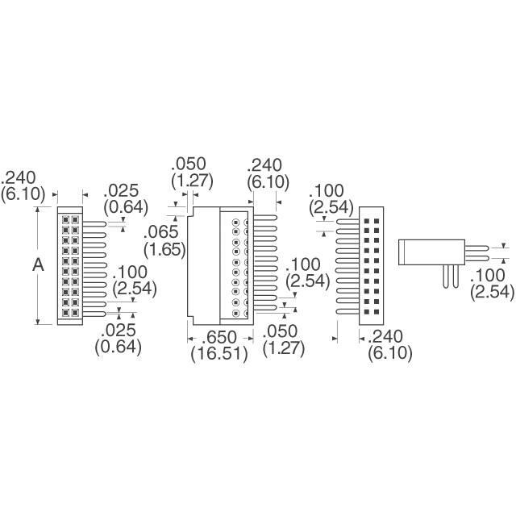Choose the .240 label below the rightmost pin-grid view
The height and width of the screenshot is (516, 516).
tap(390, 337)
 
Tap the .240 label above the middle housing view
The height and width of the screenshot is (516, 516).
tap(267, 164)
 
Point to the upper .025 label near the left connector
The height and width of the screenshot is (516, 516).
tap(123, 193)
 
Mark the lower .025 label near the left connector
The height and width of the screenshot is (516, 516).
tap(119, 331)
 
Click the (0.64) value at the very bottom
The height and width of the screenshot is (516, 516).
tap(118, 347)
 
